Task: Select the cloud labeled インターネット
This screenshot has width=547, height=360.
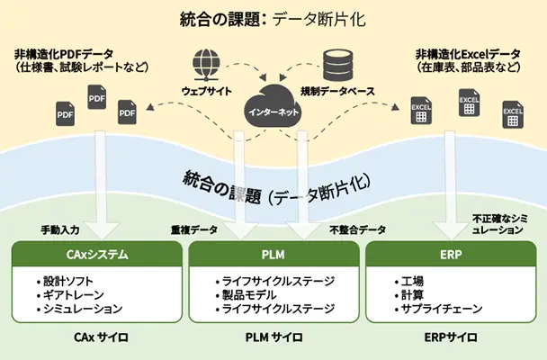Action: [x=273, y=109]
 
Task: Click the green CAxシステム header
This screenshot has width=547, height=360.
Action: [x=96, y=255]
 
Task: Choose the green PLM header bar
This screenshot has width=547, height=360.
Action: [x=273, y=255]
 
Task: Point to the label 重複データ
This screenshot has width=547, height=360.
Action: [x=194, y=229]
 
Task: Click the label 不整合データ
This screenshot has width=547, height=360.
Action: [x=357, y=229]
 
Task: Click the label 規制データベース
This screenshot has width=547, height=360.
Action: [x=339, y=91]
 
